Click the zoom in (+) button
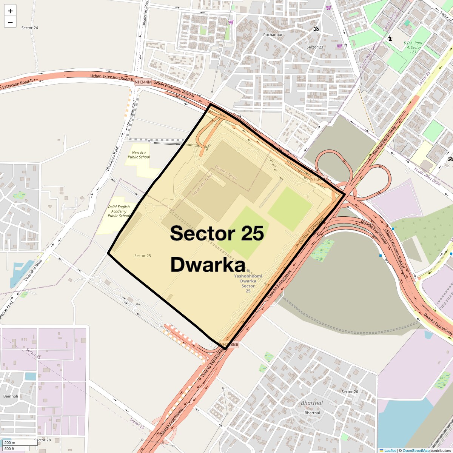[x=10, y=11]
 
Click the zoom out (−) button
[x=10, y=22]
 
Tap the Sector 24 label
[x=29, y=28]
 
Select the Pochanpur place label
[x=273, y=35]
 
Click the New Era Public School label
[x=139, y=155]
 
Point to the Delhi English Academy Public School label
[x=119, y=211]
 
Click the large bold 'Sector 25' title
[x=217, y=233]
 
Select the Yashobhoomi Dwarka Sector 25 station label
[x=248, y=283]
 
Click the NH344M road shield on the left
[x=143, y=82]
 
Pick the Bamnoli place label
[x=11, y=396]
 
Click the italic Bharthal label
[x=312, y=403]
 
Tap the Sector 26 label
[x=350, y=392]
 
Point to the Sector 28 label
[x=42, y=440]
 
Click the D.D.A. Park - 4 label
[x=413, y=48]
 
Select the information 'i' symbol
[x=390, y=38]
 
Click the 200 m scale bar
[x=10, y=443]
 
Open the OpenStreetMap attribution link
[x=416, y=450]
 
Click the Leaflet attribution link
[x=390, y=450]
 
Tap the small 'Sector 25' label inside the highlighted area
[x=143, y=256]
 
